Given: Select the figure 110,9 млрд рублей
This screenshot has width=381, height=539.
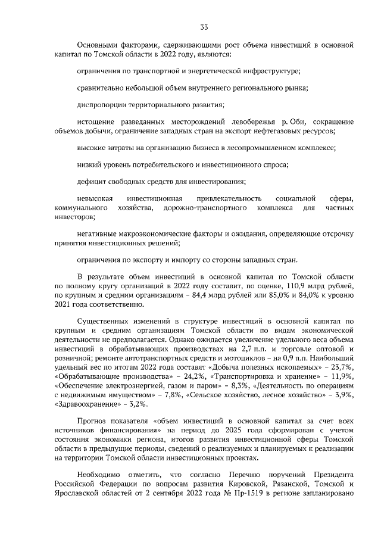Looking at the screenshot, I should click(319, 286).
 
